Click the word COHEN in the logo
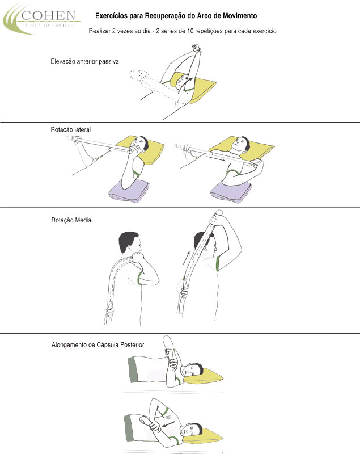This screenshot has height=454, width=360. point(49,16)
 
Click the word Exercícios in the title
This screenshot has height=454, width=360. point(111,16)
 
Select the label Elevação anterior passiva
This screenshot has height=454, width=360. point(84,61)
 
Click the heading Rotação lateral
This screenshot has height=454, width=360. point(70,129)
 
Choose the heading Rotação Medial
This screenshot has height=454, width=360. point(71,220)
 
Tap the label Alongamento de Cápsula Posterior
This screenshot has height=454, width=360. point(98,345)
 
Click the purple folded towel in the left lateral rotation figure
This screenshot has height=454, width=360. point(129,191)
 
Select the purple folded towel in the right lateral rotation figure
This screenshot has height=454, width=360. point(231,192)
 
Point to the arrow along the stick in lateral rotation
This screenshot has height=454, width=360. point(216,157)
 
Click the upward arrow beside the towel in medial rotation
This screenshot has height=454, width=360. point(186,258)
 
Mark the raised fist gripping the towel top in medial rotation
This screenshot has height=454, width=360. point(217,217)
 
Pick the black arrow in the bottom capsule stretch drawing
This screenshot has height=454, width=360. point(168,424)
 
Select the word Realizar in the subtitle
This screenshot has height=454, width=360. point(99,31)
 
